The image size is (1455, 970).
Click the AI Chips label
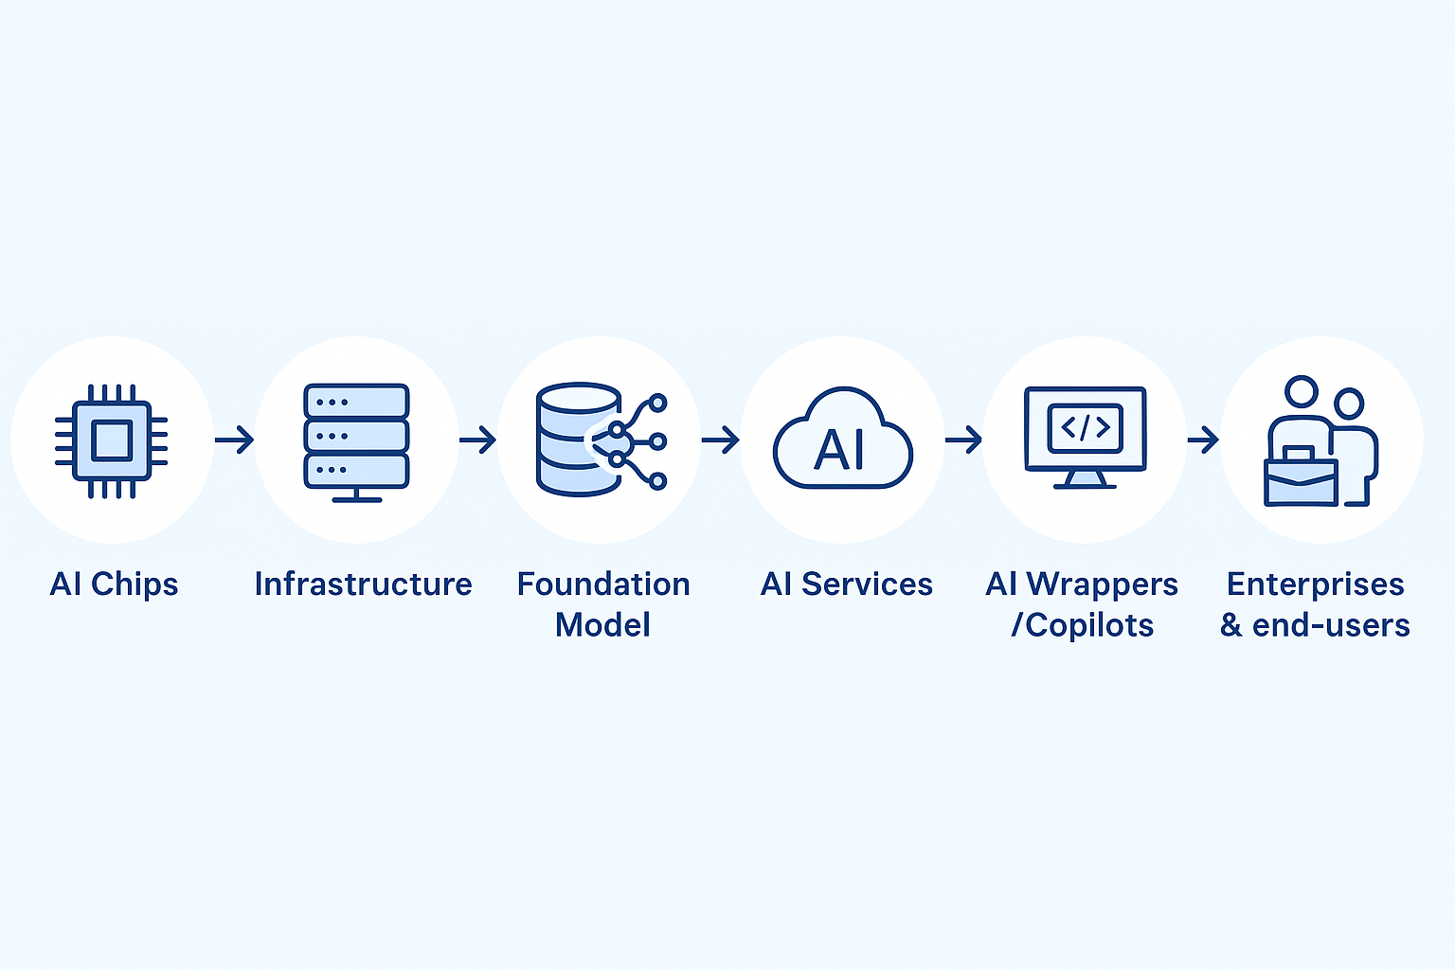(x=114, y=584)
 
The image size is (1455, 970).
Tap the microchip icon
(x=112, y=440)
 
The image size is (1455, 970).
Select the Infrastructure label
(x=363, y=584)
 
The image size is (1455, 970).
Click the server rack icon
(x=356, y=440)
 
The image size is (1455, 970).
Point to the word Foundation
(x=603, y=584)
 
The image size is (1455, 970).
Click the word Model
(x=602, y=625)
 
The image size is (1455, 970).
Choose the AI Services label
(x=846, y=584)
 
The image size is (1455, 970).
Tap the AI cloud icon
(x=842, y=441)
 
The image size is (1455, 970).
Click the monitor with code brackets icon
(x=1085, y=436)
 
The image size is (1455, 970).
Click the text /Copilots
(x=1082, y=625)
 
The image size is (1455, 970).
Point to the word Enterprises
(x=1315, y=584)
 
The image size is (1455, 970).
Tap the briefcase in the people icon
(x=1301, y=479)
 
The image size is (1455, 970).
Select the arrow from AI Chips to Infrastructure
(x=234, y=440)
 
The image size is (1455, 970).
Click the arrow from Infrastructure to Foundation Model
(x=477, y=440)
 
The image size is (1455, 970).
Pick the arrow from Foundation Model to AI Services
(x=720, y=440)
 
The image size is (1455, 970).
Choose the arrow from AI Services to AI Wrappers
(x=963, y=440)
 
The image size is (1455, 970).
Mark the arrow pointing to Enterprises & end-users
(x=1202, y=440)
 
